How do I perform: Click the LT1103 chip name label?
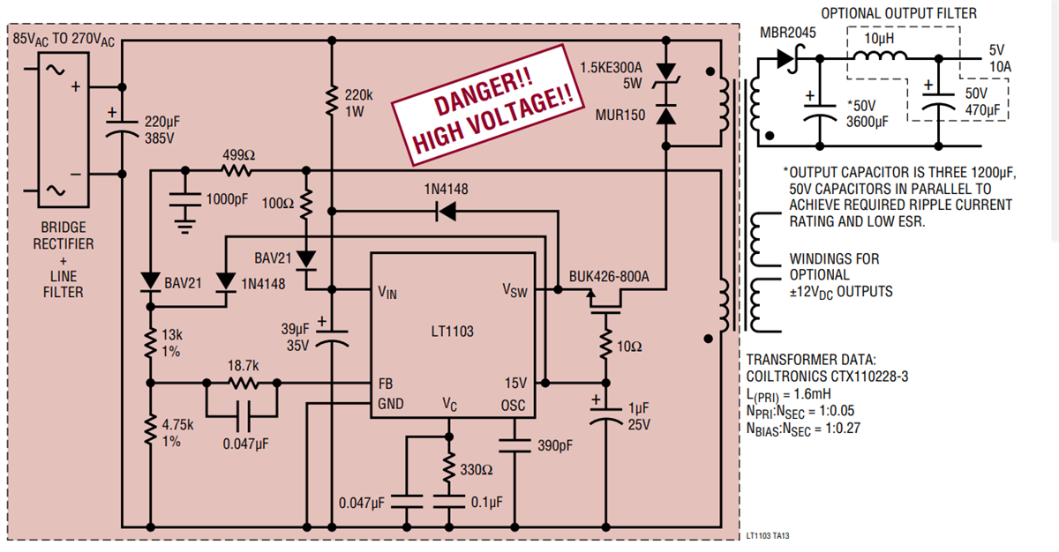click(x=453, y=332)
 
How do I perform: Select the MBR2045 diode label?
click(x=788, y=33)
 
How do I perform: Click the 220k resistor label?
click(x=357, y=94)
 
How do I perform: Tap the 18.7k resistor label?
click(x=243, y=364)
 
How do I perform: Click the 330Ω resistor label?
click(x=477, y=470)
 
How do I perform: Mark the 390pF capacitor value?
click(x=554, y=445)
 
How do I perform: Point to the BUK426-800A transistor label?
click(x=609, y=276)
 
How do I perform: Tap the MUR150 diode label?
click(x=619, y=115)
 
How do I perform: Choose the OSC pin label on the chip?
click(x=514, y=405)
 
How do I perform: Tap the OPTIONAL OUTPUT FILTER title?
click(x=899, y=13)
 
